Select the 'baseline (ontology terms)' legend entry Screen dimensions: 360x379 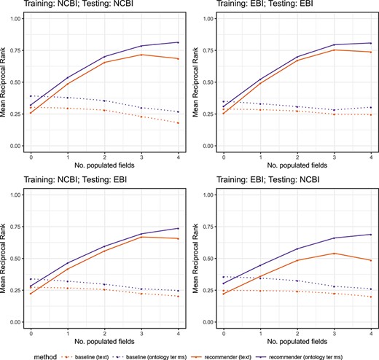168,353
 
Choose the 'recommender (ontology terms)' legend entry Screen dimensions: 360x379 337,353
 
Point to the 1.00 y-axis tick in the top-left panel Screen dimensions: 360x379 12,17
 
